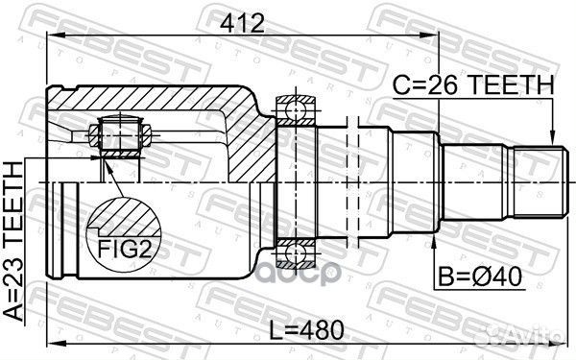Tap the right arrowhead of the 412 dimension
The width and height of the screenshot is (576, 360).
tap(433, 36)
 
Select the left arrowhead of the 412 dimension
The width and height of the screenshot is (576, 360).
tap(50, 36)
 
